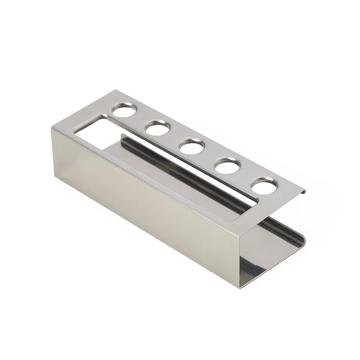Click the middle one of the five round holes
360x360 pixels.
(x=192, y=147)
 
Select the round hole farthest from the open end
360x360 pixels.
(x=124, y=110)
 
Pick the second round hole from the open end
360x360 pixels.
(x=227, y=166)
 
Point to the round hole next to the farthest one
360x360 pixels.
(x=157, y=128)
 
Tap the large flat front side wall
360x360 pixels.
(x=144, y=202)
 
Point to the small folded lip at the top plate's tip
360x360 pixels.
(x=303, y=191)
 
